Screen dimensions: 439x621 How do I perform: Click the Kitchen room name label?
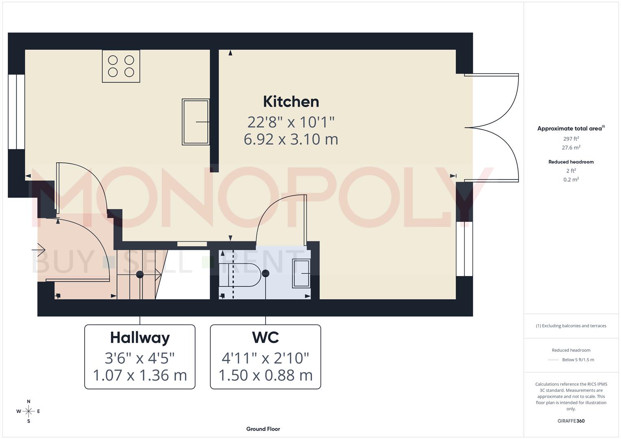pyautogui.click(x=291, y=102)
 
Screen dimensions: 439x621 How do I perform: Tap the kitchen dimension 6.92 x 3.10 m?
pyautogui.click(x=291, y=139)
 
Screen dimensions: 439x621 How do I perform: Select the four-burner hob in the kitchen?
pyautogui.click(x=121, y=66)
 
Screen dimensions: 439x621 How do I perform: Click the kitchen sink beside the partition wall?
pyautogui.click(x=196, y=122)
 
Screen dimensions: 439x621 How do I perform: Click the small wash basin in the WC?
pyautogui.click(x=301, y=274)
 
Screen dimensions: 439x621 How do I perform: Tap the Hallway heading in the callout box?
pyautogui.click(x=140, y=337)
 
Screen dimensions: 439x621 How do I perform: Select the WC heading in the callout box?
pyautogui.click(x=265, y=337)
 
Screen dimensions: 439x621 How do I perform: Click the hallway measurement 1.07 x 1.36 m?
pyautogui.click(x=140, y=375)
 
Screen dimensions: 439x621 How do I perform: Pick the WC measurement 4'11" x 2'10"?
pyautogui.click(x=265, y=358)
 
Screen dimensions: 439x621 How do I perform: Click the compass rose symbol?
pyautogui.click(x=28, y=411)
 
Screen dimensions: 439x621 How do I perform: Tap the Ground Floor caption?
pyautogui.click(x=263, y=429)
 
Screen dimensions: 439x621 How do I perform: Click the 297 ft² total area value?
pyautogui.click(x=571, y=139)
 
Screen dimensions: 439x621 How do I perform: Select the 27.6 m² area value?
pyautogui.click(x=571, y=148)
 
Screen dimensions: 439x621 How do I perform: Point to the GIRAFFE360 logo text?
pyautogui.click(x=571, y=421)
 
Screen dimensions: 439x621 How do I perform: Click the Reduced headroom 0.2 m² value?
pyautogui.click(x=571, y=179)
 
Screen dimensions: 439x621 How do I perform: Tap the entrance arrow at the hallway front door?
pyautogui.click(x=41, y=249)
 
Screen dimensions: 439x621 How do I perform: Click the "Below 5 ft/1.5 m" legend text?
pyautogui.click(x=578, y=360)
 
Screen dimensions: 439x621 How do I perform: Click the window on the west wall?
pyautogui.click(x=16, y=112)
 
